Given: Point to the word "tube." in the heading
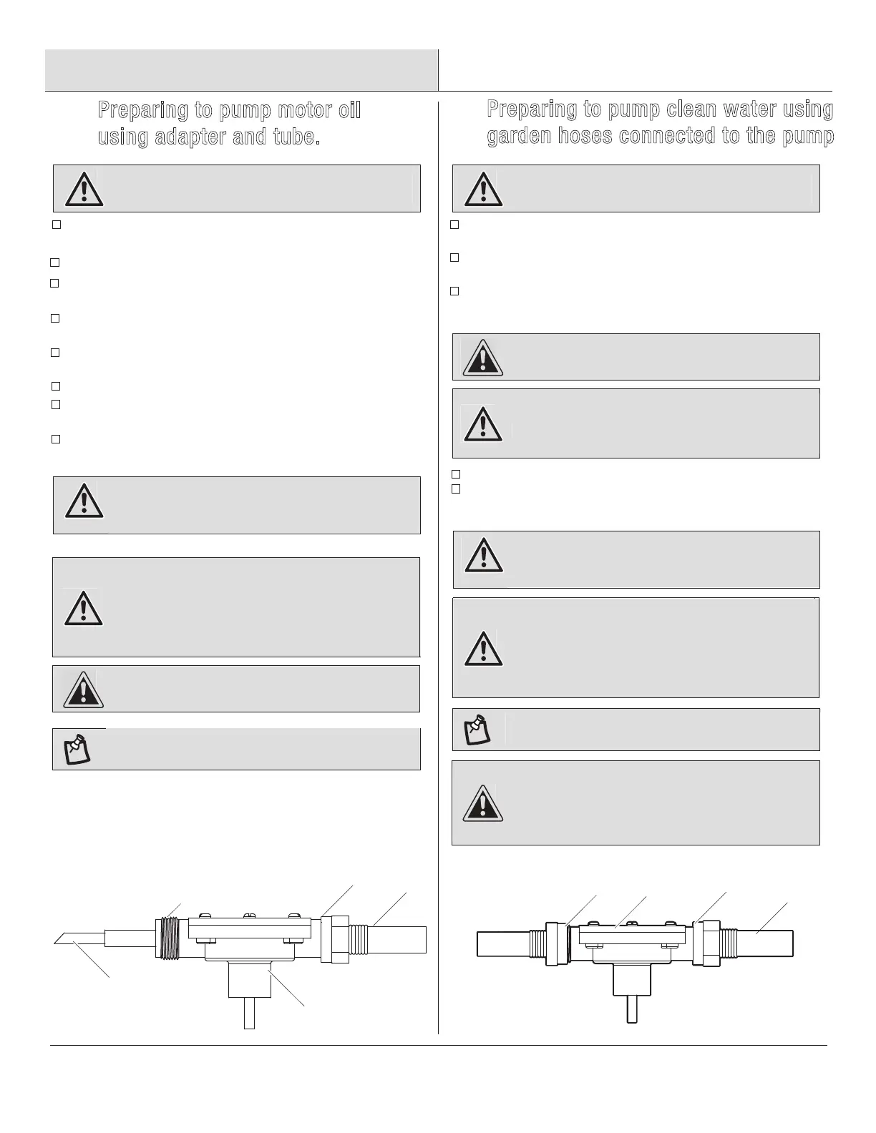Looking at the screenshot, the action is [293, 137].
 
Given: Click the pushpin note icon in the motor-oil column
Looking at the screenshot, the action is [78, 749].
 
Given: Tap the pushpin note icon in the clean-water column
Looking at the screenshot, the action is [478, 730].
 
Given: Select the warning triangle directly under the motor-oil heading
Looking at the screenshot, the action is [84, 189].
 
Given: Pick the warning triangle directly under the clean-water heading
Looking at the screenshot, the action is [483, 189].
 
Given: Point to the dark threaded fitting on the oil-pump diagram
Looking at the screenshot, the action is [169, 936].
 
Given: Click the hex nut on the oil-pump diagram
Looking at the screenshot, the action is [334, 938].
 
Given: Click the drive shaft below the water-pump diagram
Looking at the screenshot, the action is [632, 1009].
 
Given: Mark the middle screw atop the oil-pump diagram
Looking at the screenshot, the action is [249, 916].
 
